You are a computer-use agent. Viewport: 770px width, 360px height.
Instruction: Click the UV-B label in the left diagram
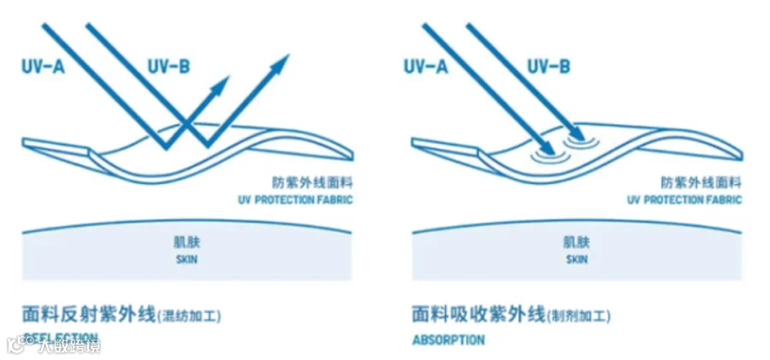click(169, 65)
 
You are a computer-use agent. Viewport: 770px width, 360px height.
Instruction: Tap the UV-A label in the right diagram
click(425, 65)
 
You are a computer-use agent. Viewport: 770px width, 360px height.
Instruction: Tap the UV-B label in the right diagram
click(549, 65)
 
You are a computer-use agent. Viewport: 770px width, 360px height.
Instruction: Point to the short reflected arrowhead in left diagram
click(222, 84)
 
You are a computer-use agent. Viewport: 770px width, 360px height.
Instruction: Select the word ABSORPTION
click(448, 339)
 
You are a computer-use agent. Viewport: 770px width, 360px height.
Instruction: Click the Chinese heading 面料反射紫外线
click(88, 315)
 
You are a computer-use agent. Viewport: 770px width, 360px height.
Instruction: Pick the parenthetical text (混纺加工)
click(190, 316)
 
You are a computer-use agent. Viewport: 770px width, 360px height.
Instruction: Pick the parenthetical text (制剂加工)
click(579, 316)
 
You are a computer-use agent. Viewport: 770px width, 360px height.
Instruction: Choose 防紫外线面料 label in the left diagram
click(305, 183)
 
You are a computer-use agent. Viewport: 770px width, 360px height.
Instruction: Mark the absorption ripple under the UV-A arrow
click(544, 153)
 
